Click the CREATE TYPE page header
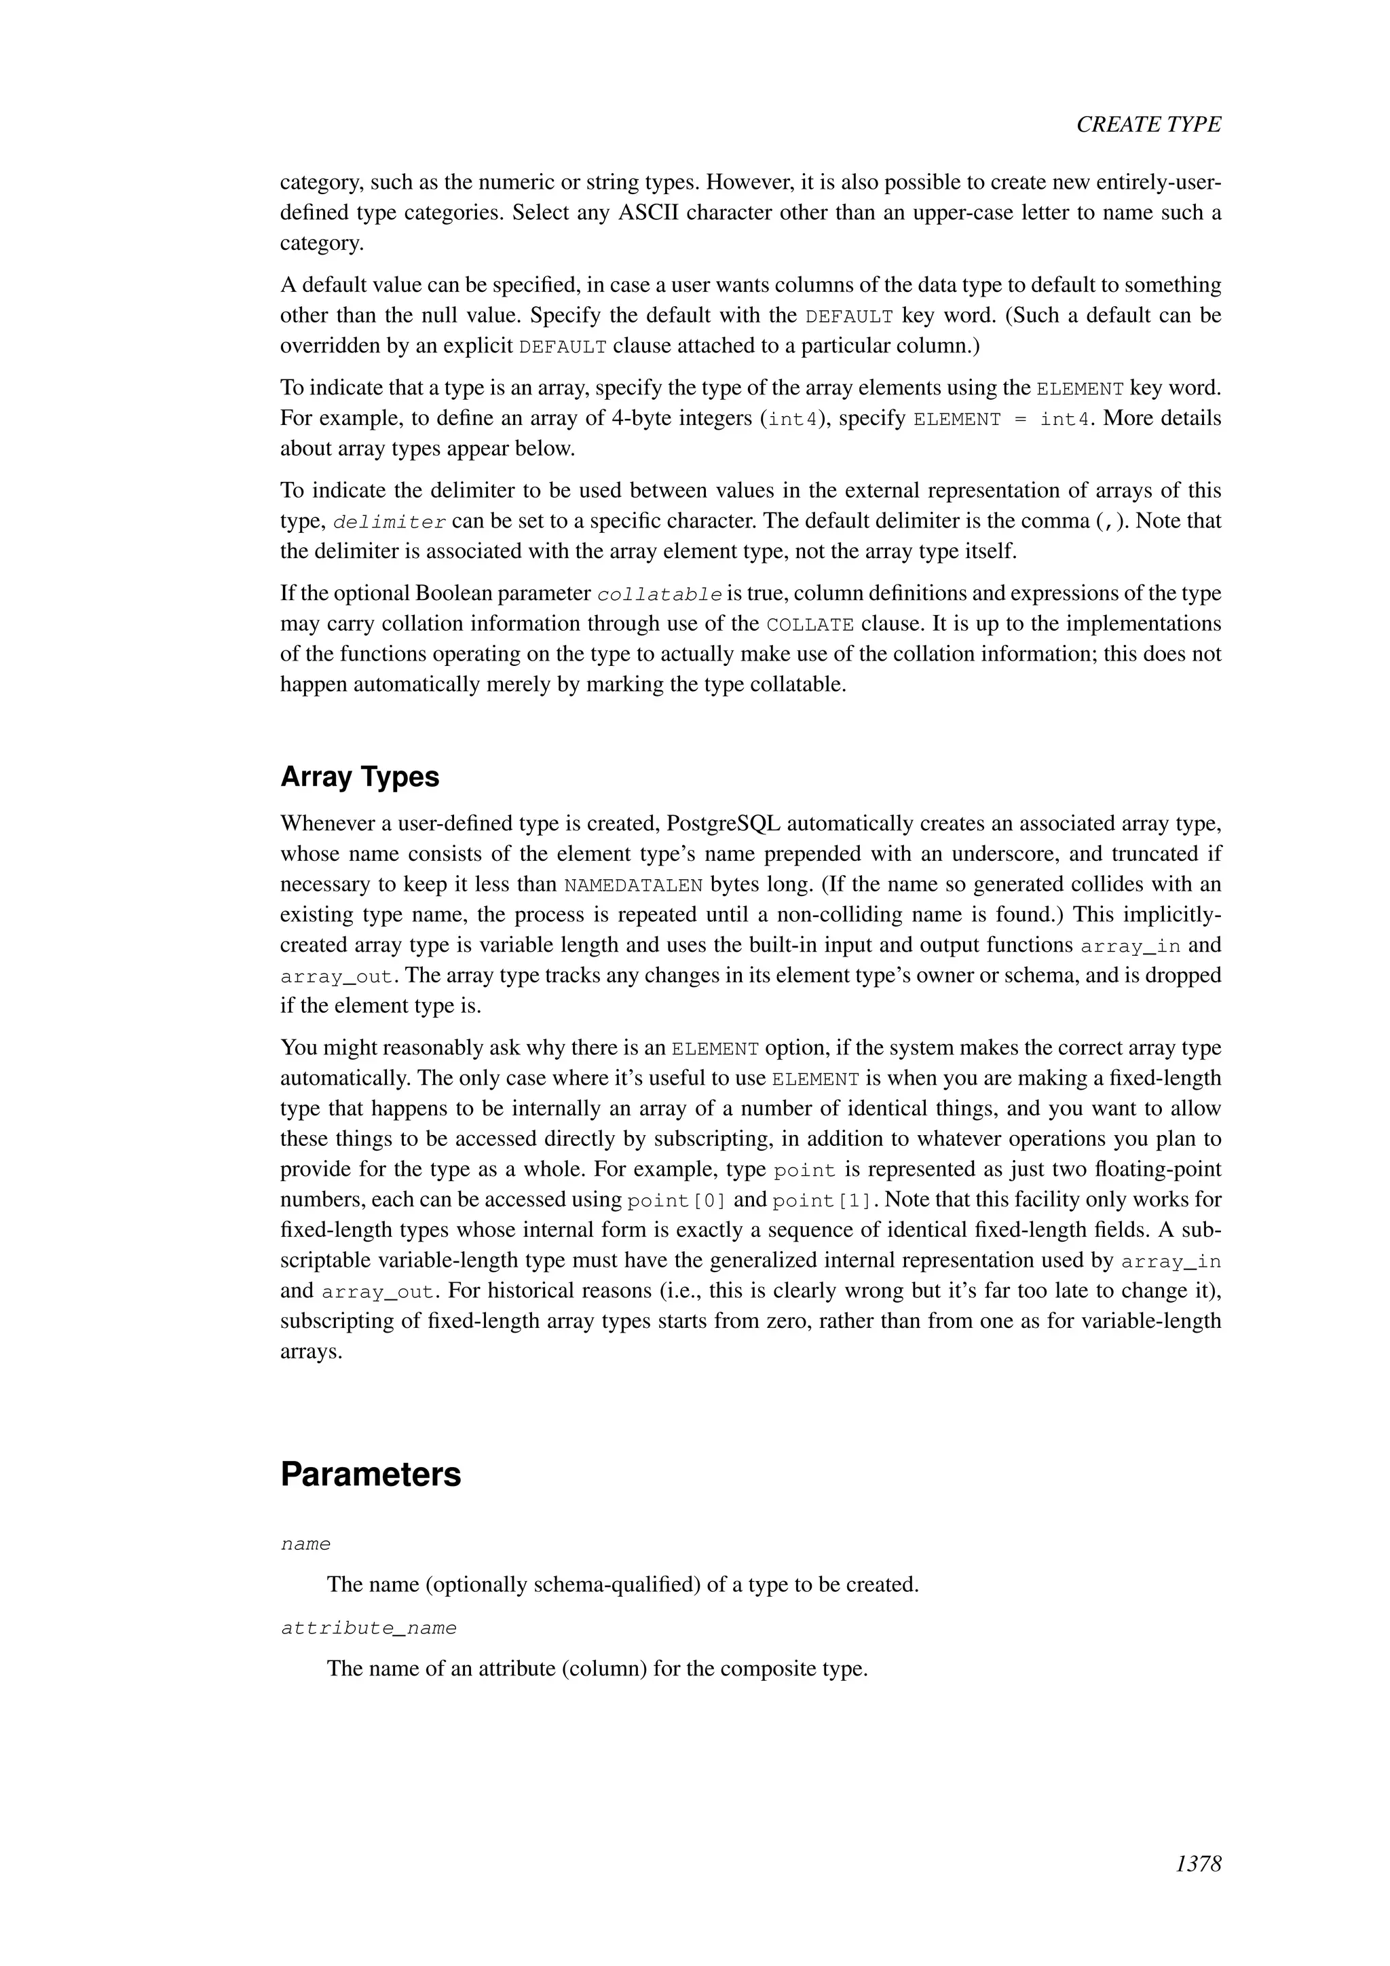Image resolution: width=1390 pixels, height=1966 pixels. (x=1148, y=124)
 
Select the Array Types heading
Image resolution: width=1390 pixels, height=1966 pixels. (x=360, y=777)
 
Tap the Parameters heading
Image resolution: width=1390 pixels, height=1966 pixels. (x=371, y=1474)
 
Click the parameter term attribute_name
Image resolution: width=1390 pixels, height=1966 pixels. (x=369, y=1628)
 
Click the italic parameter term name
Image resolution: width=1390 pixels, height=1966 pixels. (x=305, y=1544)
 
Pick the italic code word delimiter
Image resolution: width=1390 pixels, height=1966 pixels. (x=390, y=521)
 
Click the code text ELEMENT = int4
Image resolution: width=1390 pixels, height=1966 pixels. (x=1003, y=420)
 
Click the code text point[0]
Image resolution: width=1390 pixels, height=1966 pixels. (x=676, y=1200)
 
